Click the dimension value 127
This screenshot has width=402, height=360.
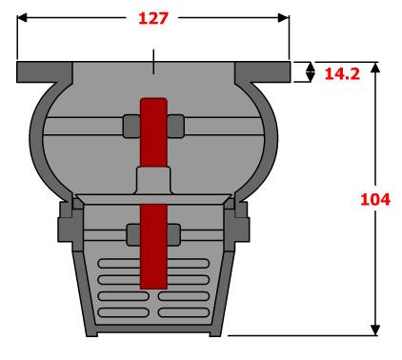coord(153,18)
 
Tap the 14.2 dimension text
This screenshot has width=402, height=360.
coord(342,74)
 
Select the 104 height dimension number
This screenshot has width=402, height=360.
coord(375,200)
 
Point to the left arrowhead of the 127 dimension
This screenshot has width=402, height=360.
coord(22,18)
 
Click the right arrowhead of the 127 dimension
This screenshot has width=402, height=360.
coord(284,18)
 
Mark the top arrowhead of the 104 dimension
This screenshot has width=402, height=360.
coord(375,68)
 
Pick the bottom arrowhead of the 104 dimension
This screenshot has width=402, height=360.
coord(375,330)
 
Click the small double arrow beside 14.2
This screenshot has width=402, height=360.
coord(311,72)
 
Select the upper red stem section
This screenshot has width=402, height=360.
coord(153,132)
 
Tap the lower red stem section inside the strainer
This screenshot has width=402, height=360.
coord(153,247)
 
